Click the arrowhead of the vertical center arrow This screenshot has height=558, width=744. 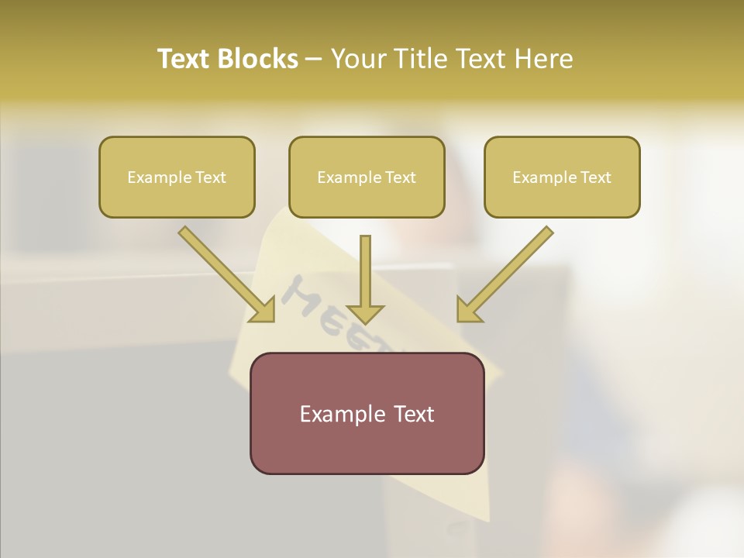[365, 313]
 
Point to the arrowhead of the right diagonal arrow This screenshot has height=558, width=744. [467, 311]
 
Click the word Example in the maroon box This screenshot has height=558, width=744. [338, 414]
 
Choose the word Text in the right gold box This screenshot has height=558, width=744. [595, 177]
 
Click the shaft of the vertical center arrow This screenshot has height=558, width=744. [365, 267]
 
